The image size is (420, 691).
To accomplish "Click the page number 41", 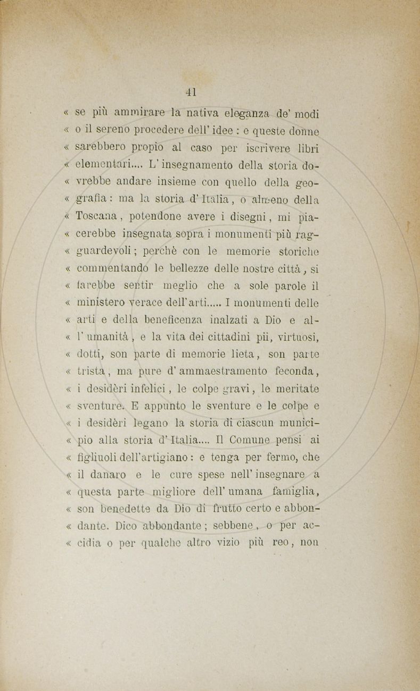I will pos(191,91).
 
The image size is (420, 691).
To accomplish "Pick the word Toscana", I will pos(96,217).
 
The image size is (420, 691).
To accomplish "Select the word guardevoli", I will pos(106,251).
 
